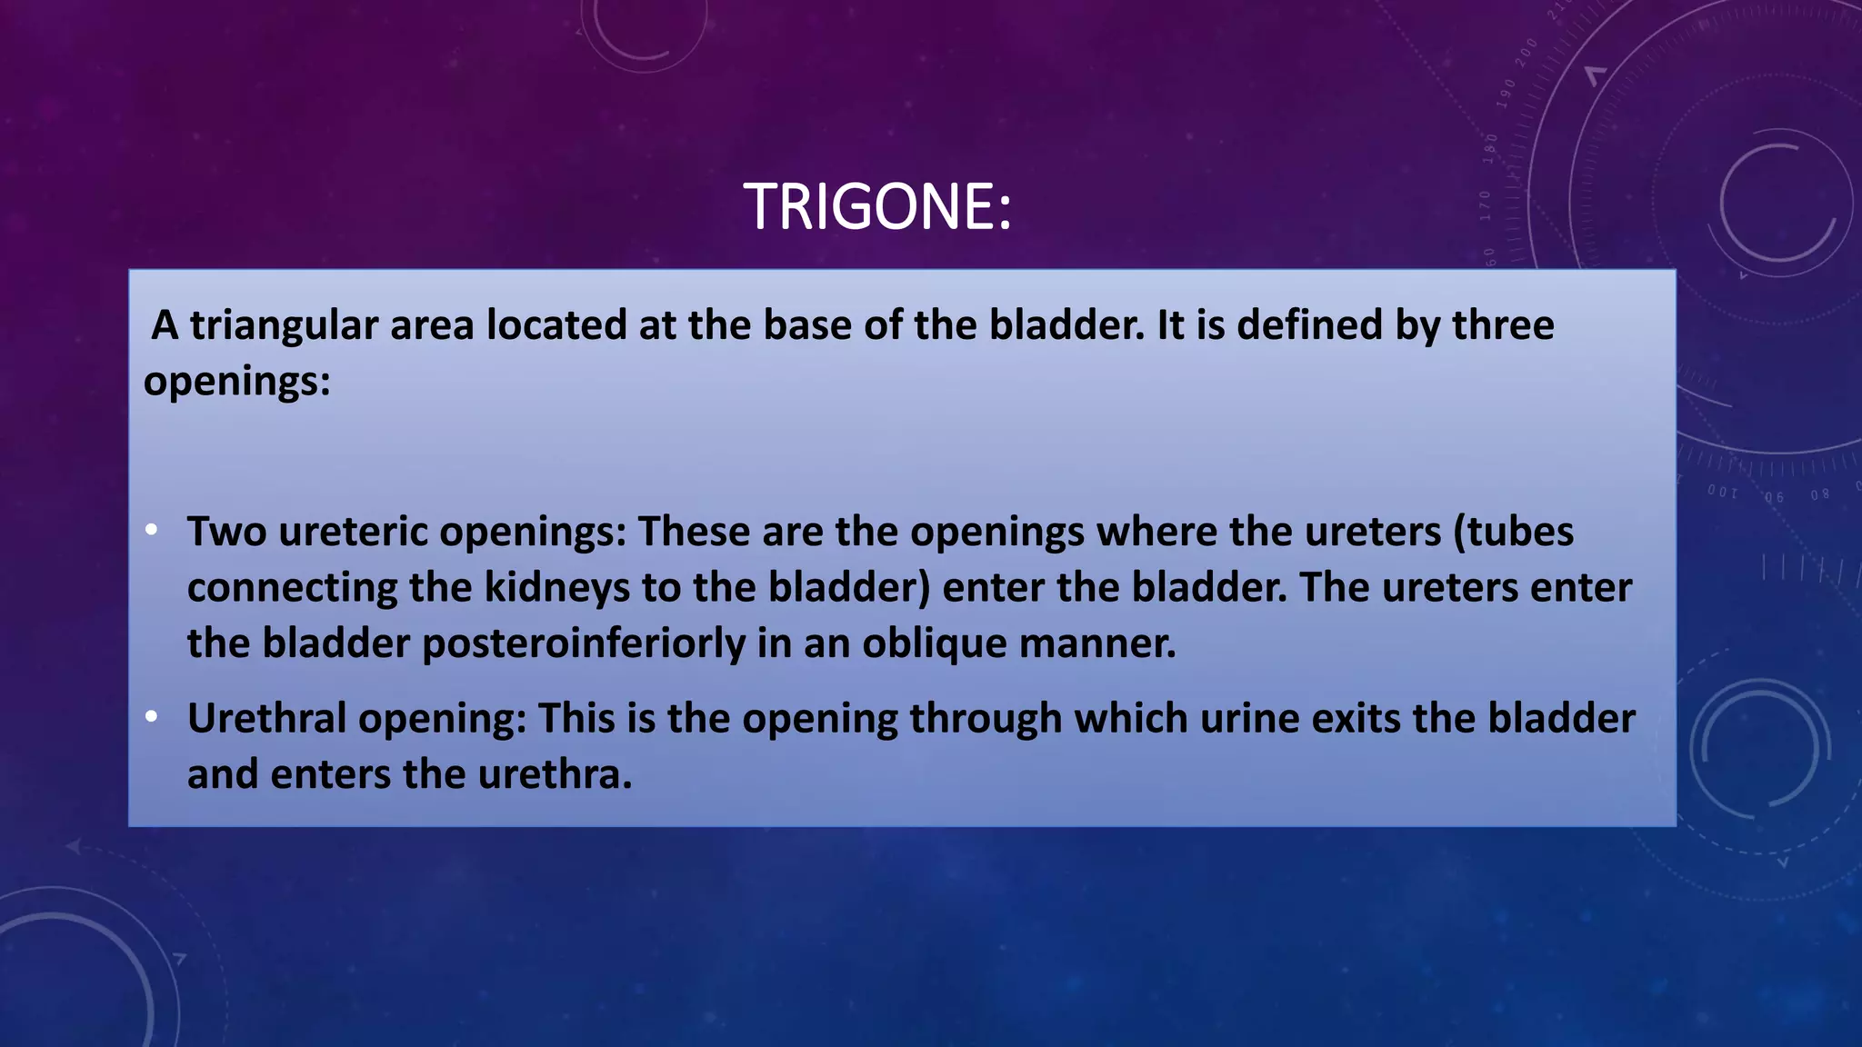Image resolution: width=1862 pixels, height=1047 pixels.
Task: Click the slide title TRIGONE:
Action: point(877,207)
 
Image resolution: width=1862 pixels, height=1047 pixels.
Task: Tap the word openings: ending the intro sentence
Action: point(236,380)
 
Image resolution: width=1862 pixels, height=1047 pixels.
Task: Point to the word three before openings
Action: point(1503,325)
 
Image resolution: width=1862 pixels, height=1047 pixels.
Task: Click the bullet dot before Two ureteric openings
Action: point(152,530)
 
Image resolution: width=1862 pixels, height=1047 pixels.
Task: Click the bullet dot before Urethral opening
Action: point(152,717)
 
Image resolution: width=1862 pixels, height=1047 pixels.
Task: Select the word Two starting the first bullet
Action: point(226,532)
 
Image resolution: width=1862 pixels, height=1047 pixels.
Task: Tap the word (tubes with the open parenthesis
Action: point(1514,532)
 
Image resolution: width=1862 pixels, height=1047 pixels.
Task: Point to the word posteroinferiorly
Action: point(584,643)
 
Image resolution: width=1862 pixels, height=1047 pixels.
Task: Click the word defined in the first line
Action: point(1309,325)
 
